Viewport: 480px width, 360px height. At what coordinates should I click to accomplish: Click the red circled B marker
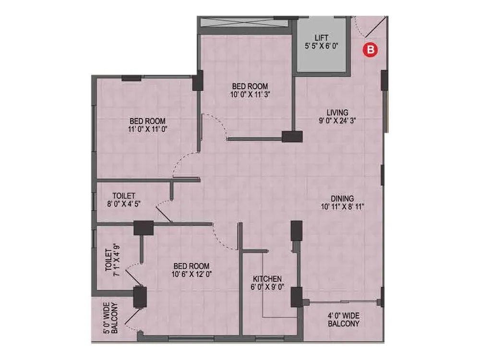pos(370,49)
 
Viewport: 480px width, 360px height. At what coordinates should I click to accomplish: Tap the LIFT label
pos(321,38)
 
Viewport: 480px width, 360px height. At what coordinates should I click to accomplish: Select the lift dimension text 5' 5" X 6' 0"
pos(321,47)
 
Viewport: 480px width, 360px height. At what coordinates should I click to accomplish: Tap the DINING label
pos(342,198)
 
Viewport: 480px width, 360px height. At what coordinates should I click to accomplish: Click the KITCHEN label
pos(267,279)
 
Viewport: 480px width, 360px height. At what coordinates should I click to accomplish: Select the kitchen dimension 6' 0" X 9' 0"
pos(267,288)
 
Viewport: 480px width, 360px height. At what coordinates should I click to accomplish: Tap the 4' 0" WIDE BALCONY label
pos(343,320)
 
